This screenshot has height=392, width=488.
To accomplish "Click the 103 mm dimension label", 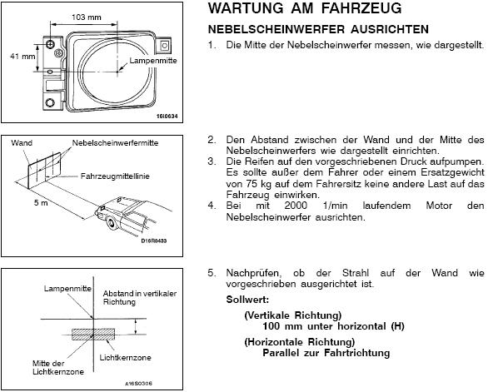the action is (87, 17).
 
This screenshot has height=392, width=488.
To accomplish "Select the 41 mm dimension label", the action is (22, 57).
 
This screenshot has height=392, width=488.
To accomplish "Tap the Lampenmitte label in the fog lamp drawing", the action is (153, 61).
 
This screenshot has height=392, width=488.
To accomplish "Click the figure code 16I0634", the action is (167, 117).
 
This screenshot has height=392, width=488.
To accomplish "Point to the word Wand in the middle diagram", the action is (22, 143).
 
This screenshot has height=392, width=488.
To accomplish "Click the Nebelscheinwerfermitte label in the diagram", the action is (115, 143).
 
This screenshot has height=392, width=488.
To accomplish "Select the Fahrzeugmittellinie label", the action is (115, 176).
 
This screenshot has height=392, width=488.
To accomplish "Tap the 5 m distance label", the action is (41, 203).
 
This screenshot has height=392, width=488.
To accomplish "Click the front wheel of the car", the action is (110, 223).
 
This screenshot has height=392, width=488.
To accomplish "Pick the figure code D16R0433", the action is (154, 241).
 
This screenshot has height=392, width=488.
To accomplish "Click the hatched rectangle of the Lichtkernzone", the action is (93, 334).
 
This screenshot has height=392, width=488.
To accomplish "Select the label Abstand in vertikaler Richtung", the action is (140, 298).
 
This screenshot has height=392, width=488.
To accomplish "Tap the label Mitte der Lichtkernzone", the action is (58, 368).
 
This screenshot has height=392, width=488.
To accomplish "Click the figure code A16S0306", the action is (139, 384).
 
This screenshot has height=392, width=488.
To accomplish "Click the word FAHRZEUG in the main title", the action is (361, 8).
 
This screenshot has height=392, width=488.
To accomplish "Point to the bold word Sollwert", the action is (247, 300).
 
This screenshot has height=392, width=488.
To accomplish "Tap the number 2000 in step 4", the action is (296, 206).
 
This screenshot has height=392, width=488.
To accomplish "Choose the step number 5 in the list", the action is (212, 273).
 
